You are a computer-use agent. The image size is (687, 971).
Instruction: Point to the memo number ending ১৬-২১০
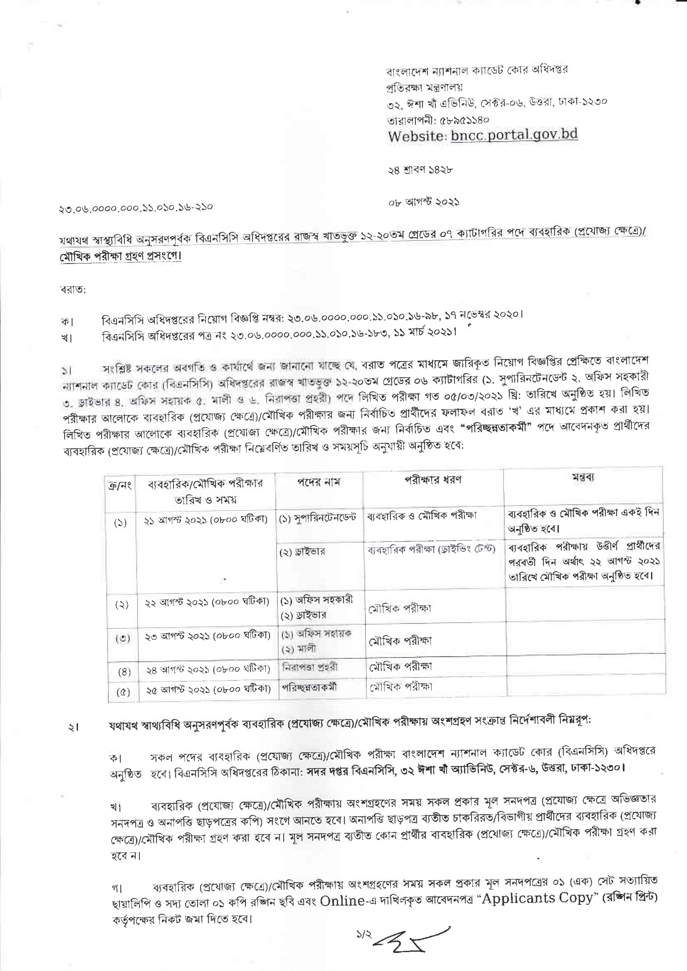(x=135, y=207)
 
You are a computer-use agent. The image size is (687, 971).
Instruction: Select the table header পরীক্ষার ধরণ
(x=433, y=480)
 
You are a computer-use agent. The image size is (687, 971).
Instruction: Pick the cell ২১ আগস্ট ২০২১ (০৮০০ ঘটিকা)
(x=206, y=520)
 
